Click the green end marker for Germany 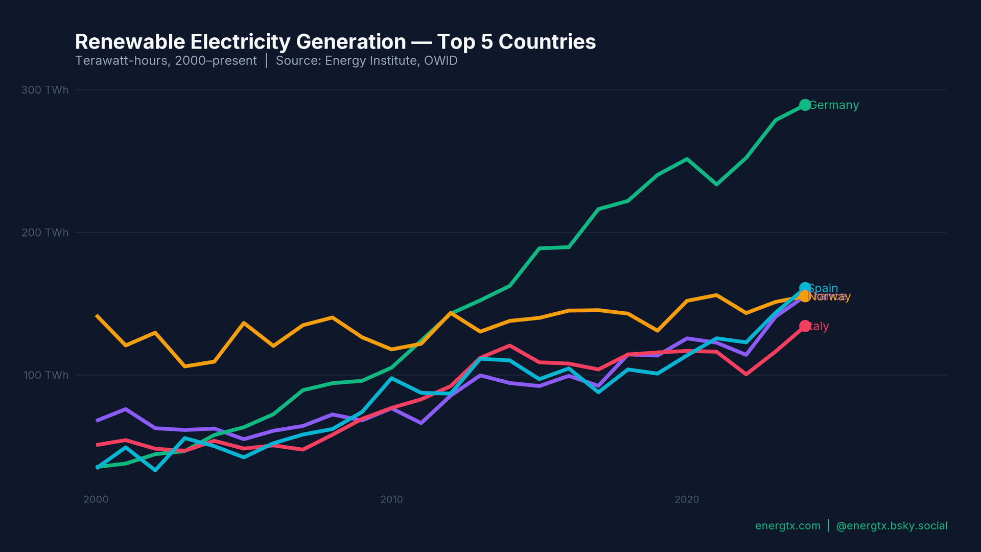[805, 105]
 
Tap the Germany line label [834, 105]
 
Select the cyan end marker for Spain [805, 288]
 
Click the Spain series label [824, 288]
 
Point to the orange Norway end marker [805, 296]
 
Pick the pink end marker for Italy [805, 326]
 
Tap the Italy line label [819, 326]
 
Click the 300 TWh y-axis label [45, 90]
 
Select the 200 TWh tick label [45, 233]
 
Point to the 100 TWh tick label [46, 375]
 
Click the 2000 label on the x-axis [96, 499]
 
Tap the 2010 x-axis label [391, 499]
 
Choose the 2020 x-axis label [687, 499]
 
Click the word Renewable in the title [130, 42]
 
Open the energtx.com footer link [787, 526]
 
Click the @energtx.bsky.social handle [892, 526]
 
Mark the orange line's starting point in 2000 [97, 316]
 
